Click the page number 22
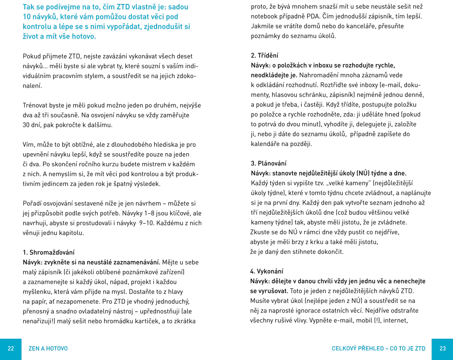11,348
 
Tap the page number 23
442,348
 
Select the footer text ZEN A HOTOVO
48,348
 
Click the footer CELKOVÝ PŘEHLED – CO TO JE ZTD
379,348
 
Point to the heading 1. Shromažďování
49,252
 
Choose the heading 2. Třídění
265,55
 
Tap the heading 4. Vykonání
267,271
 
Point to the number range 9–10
147,223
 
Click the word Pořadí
34,203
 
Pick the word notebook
265,16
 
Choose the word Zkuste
260,232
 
